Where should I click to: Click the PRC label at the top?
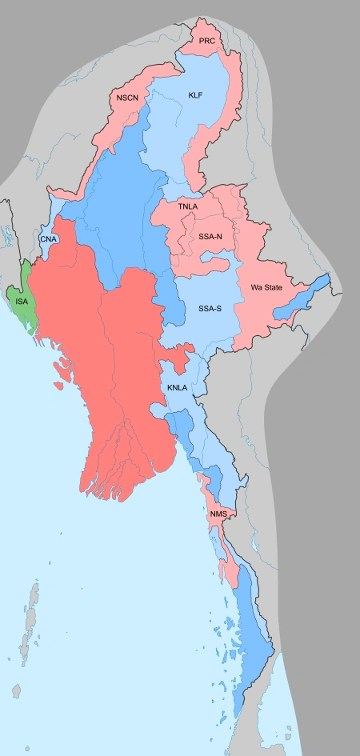tap(207, 40)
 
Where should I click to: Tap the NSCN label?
tap(127, 98)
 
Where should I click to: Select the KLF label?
tap(195, 95)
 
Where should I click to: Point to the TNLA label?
tap(188, 206)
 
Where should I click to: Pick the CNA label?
tap(47, 238)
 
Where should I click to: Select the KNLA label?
tap(177, 388)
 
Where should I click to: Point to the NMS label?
tap(219, 513)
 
